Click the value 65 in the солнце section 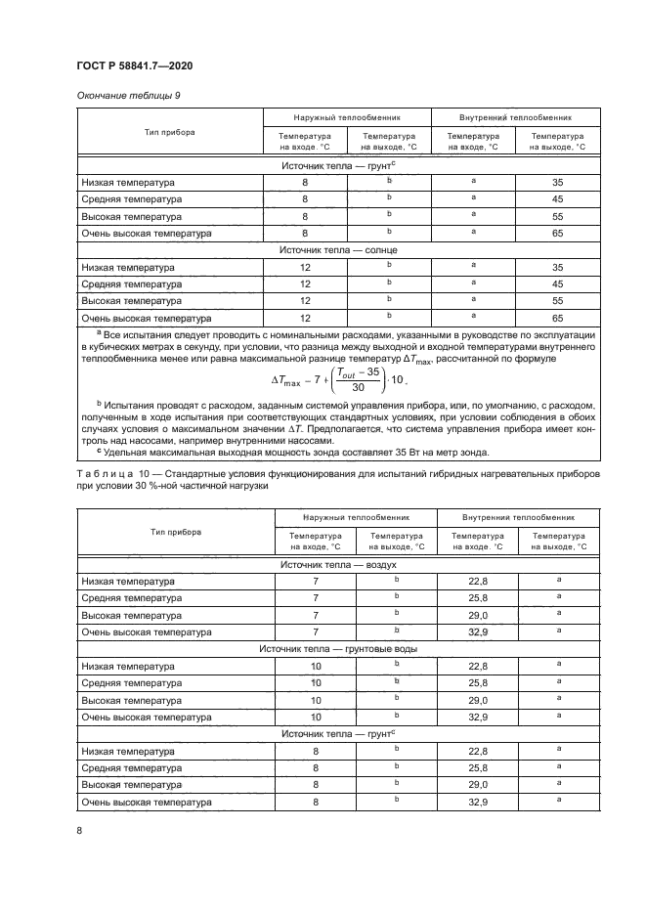[x=557, y=318]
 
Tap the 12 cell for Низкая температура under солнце [x=305, y=267]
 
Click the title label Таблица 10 [x=110, y=473]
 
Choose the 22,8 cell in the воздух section [x=477, y=582]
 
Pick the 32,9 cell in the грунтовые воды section [x=477, y=716]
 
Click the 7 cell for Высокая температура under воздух [x=316, y=615]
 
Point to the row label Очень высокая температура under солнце [x=147, y=318]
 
